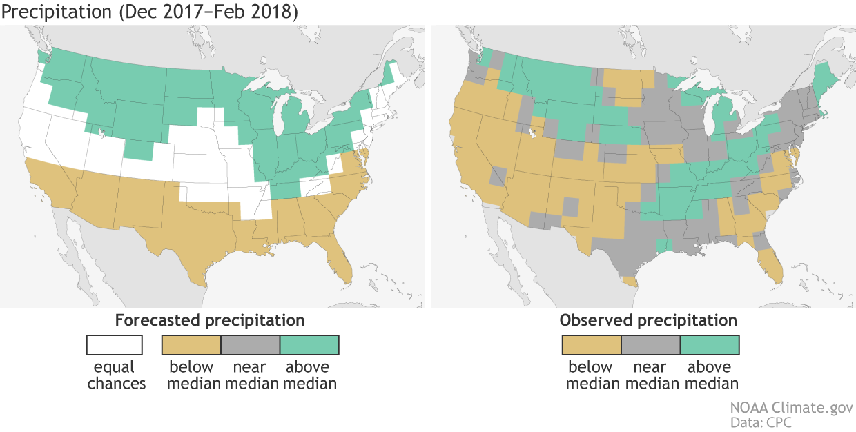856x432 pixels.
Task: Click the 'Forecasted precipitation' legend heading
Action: [210, 321]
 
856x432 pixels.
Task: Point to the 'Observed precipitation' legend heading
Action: [648, 321]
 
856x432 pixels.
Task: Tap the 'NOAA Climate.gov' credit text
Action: [791, 408]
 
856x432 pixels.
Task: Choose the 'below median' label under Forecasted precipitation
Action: [191, 375]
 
